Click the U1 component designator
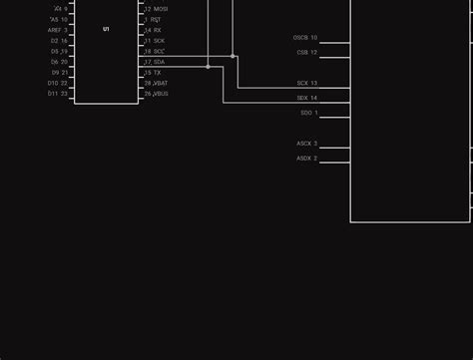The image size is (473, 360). (x=106, y=29)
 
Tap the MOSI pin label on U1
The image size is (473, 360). (x=160, y=9)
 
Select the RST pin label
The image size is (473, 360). (x=157, y=19)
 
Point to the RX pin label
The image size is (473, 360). (x=157, y=30)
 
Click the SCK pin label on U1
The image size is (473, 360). (x=159, y=41)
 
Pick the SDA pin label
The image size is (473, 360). (x=159, y=62)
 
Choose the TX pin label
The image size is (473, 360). (x=157, y=73)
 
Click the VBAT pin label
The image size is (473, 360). (x=161, y=83)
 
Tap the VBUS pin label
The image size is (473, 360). (x=161, y=94)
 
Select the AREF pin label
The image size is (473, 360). (x=55, y=30)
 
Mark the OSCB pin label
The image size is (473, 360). (x=300, y=38)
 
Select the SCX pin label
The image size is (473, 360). (x=302, y=84)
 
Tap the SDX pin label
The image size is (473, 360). (x=302, y=98)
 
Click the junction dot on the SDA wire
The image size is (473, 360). (x=208, y=67)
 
